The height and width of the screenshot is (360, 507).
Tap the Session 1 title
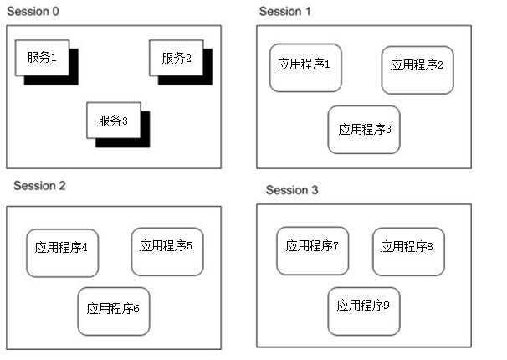285,11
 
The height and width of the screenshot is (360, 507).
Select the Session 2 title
39,186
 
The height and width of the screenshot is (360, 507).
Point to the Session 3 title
292,190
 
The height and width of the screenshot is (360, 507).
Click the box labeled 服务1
42,58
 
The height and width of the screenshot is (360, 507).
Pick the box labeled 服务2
177,58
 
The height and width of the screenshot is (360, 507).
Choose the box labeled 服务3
114,121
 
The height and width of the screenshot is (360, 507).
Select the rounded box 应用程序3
364,129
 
